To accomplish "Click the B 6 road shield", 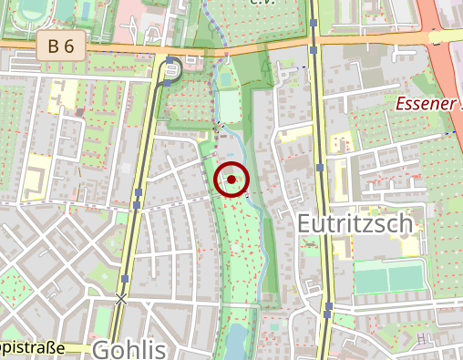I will pyautogui.click(x=62, y=45).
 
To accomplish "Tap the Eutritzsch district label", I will pyautogui.click(x=355, y=223).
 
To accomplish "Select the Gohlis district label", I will pyautogui.click(x=129, y=349).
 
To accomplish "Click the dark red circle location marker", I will pyautogui.click(x=231, y=180).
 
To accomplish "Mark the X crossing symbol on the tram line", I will pyautogui.click(x=121, y=298).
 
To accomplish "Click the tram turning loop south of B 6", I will pyautogui.click(x=173, y=69).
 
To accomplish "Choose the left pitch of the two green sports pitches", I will pyautogui.click(x=370, y=277).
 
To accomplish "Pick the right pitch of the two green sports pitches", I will pyautogui.click(x=411, y=276).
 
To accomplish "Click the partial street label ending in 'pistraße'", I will pyautogui.click(x=32, y=347).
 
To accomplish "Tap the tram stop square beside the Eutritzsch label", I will pyautogui.click(x=319, y=168).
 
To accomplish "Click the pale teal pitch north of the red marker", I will pyautogui.click(x=230, y=108).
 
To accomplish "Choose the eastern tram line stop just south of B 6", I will pyautogui.click(x=314, y=51).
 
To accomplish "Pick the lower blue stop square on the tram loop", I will pyautogui.click(x=167, y=83).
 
